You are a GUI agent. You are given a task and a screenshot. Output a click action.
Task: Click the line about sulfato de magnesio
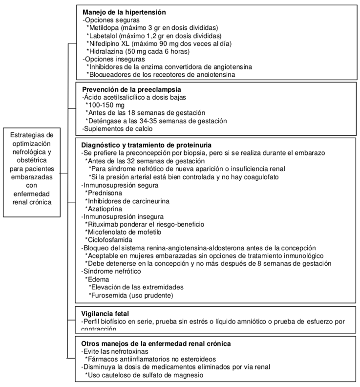click(144, 375)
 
